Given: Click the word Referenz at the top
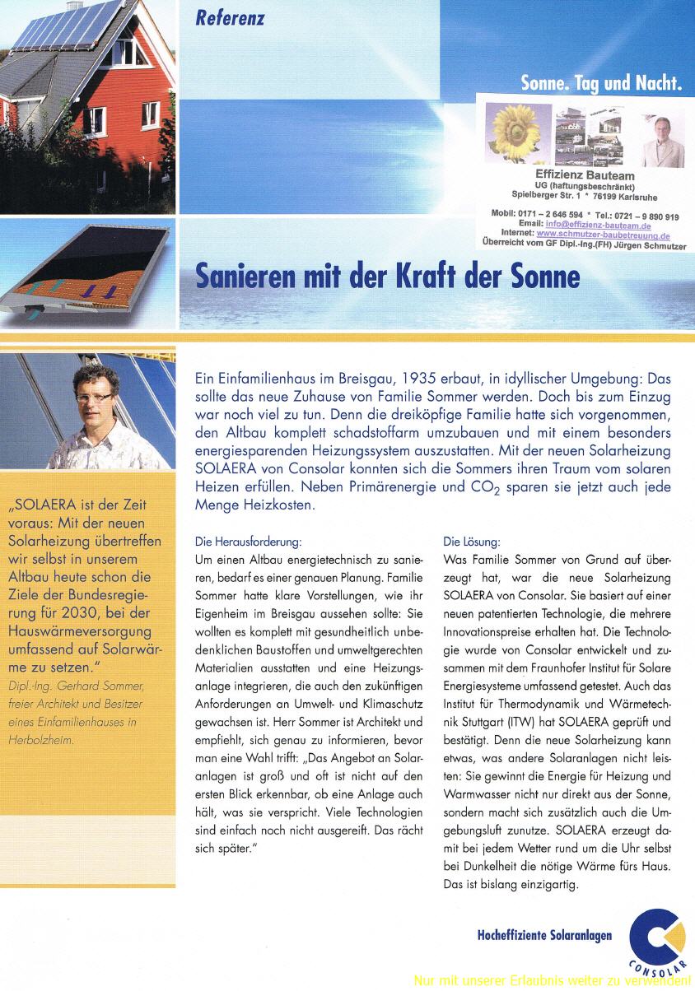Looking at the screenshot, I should click(x=230, y=18).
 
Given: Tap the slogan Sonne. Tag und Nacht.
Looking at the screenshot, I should click(x=602, y=82).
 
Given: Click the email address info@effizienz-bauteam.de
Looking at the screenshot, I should click(x=598, y=226).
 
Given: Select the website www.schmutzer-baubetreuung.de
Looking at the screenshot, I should click(x=603, y=235).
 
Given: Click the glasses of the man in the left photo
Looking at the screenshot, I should click(x=97, y=397).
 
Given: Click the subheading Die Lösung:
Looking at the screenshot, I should click(x=471, y=542).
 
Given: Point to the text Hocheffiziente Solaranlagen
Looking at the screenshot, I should click(x=544, y=936).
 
